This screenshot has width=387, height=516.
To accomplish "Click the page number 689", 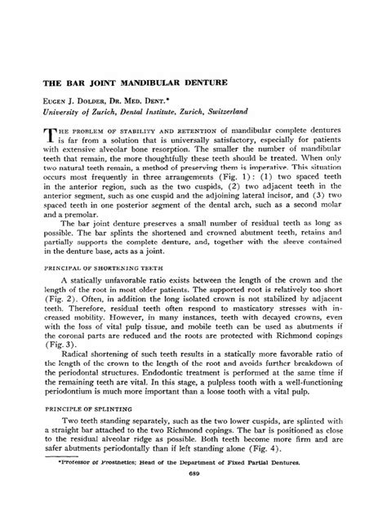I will (x=193, y=496).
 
